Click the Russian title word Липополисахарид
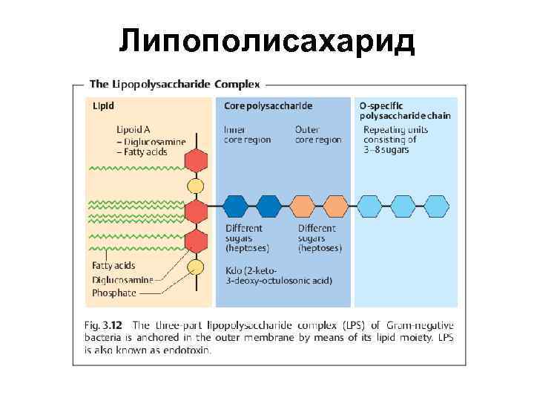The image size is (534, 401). pos(267,41)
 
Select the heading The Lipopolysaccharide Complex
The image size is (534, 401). pos(174,84)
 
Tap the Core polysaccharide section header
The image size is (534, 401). pos(268,105)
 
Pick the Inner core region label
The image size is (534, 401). pos(247,134)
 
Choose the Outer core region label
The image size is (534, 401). pos(318,134)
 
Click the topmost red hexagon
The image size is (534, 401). pos(196,161)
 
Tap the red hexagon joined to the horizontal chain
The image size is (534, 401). pos(196,212)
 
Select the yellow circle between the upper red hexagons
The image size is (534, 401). pos(196,186)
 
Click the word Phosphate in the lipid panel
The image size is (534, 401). pos(114,293)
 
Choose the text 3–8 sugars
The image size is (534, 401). pos(386,150)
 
